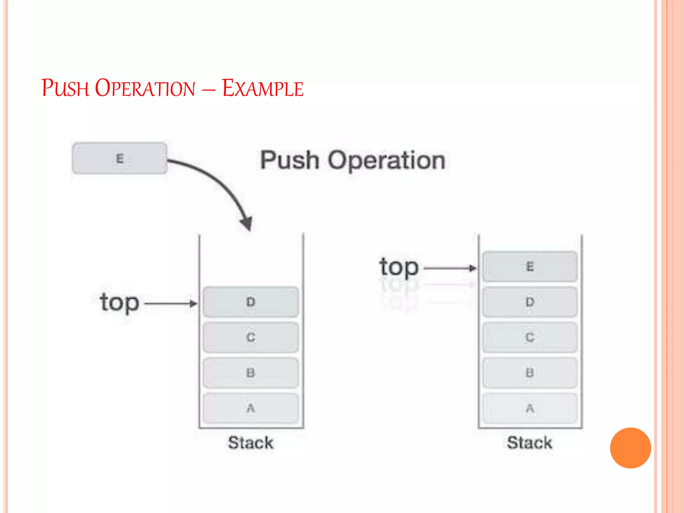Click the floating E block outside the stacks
coord(120,158)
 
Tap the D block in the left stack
coord(251,302)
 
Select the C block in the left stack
coord(251,337)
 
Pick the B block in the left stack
coord(251,373)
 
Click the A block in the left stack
coord(251,408)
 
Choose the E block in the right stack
coord(530,267)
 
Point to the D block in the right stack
coord(530,302)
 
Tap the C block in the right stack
coord(530,337)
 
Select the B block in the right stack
coord(530,373)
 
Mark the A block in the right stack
coord(530,408)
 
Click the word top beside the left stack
coord(119,303)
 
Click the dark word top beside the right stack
coord(399,267)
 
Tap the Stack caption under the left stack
coord(251,443)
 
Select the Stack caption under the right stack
coord(530,443)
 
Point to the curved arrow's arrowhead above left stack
coord(247,223)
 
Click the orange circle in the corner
coord(630,448)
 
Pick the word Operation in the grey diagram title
coord(386,161)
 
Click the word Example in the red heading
coord(263,89)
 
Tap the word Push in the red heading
coord(65,89)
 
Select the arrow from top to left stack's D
coord(170,303)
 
